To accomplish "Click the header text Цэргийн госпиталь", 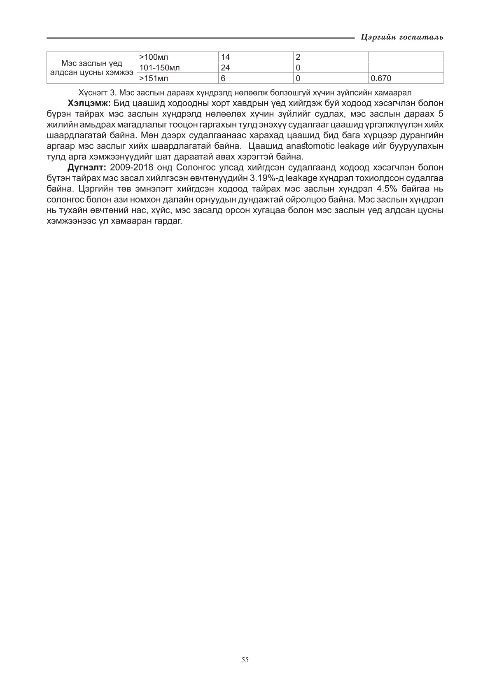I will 401,37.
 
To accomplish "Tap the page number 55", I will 245,660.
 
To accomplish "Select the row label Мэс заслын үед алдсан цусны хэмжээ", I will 91,68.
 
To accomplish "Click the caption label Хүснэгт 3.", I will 96,93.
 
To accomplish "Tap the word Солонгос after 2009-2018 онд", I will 193,168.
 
